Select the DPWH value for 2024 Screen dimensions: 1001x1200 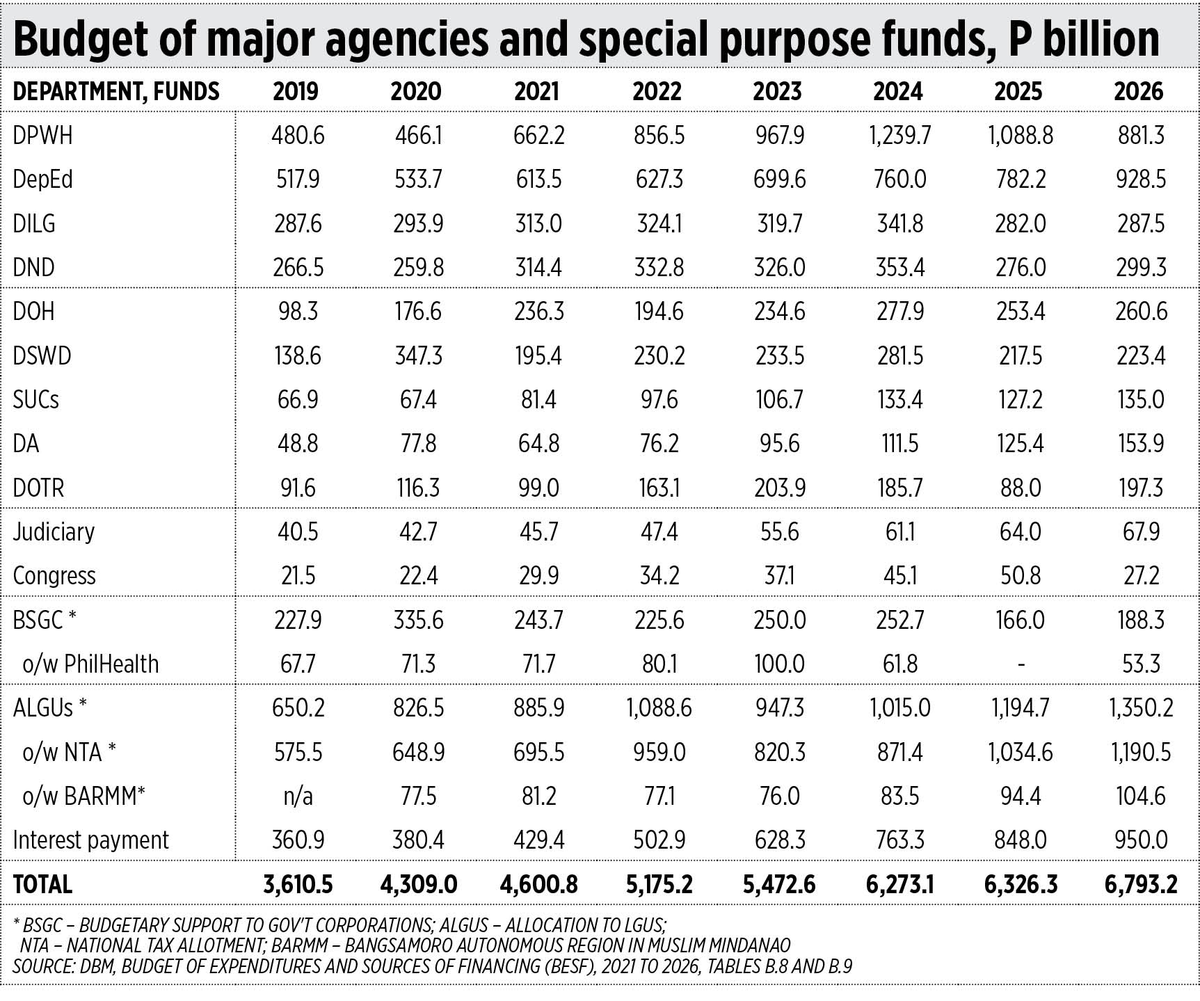(x=899, y=135)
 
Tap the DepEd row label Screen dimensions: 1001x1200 (x=42, y=179)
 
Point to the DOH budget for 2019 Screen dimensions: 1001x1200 (x=298, y=311)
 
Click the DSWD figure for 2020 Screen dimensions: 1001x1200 (x=418, y=355)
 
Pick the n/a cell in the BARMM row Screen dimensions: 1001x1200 (x=298, y=796)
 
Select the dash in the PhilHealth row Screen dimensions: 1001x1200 (x=1020, y=664)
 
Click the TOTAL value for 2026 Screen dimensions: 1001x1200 (x=1140, y=884)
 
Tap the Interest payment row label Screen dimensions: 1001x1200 (x=90, y=840)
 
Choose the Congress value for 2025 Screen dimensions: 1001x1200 (x=1020, y=576)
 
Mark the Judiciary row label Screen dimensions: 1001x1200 (x=54, y=532)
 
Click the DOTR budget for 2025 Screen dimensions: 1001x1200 (x=1020, y=488)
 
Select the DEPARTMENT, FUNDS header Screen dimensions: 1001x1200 (x=115, y=92)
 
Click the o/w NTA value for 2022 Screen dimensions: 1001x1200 (x=659, y=752)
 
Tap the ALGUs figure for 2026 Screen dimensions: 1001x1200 (x=1140, y=708)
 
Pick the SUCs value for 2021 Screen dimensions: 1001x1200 (x=538, y=400)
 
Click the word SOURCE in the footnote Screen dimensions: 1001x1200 (x=43, y=966)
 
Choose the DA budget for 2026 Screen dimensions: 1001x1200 (x=1140, y=444)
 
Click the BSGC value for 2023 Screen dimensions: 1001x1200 (x=779, y=620)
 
